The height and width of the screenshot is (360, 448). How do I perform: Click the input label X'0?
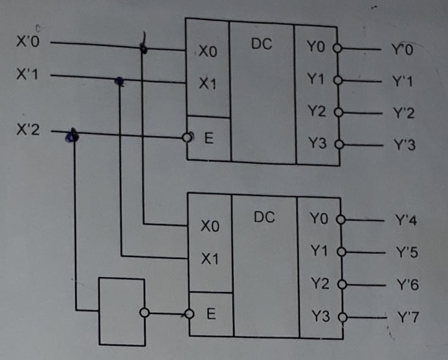click(28, 43)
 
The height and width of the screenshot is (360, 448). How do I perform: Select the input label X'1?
click(28, 75)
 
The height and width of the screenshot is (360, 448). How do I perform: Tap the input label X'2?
click(28, 129)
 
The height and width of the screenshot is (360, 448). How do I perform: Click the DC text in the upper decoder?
click(261, 44)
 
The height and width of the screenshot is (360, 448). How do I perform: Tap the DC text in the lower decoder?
click(264, 218)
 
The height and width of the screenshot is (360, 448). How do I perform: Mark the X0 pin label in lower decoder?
click(210, 227)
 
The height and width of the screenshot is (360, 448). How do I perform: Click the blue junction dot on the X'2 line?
click(73, 135)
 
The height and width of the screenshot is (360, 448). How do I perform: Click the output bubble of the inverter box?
click(145, 313)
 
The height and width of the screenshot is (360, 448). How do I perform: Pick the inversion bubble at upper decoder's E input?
click(188, 137)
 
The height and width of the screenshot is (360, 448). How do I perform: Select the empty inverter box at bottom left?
click(121, 311)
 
